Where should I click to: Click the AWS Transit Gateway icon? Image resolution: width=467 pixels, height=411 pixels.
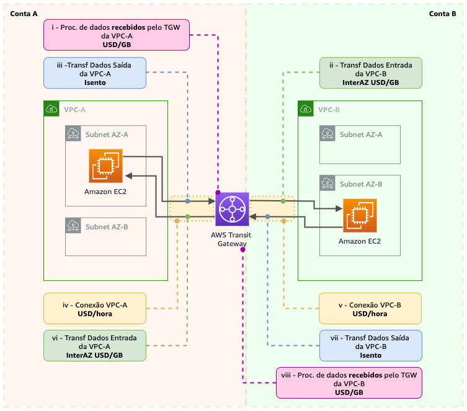pos(233,210)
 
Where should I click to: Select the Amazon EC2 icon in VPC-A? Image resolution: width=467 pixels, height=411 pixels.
pos(105,166)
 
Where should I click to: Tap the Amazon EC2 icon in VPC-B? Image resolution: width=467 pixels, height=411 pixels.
pos(360,216)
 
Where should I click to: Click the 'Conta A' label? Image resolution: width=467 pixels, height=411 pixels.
pos(24,14)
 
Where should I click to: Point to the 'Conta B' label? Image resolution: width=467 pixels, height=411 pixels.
pos(443,14)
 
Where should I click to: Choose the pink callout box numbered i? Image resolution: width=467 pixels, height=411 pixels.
pos(117,35)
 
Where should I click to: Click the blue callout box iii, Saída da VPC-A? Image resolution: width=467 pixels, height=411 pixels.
pos(95,73)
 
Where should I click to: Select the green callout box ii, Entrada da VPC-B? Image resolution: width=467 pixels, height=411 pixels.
pos(371,73)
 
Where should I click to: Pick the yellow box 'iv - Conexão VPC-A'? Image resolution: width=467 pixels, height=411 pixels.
pos(95,308)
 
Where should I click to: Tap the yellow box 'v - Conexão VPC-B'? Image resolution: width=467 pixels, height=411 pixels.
pos(370,308)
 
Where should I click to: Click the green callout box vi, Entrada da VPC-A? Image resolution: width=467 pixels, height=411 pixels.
pos(95,346)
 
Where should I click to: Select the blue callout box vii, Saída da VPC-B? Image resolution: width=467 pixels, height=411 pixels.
pos(371,346)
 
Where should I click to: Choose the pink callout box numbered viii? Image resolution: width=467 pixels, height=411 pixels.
pos(349,383)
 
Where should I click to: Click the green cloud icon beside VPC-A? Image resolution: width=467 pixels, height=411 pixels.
pos(51,109)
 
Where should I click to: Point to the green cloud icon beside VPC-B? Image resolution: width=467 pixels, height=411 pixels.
pos(306,109)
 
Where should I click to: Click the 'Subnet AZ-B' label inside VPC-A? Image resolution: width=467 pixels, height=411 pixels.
pos(107,227)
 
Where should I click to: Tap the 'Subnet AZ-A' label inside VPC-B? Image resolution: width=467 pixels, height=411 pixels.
pos(361,135)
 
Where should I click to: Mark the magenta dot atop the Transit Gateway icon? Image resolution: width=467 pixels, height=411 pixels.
pos(218,193)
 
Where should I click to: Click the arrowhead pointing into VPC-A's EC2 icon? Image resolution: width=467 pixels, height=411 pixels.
pos(128,176)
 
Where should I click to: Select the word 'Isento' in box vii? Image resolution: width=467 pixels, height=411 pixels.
pos(371,355)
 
